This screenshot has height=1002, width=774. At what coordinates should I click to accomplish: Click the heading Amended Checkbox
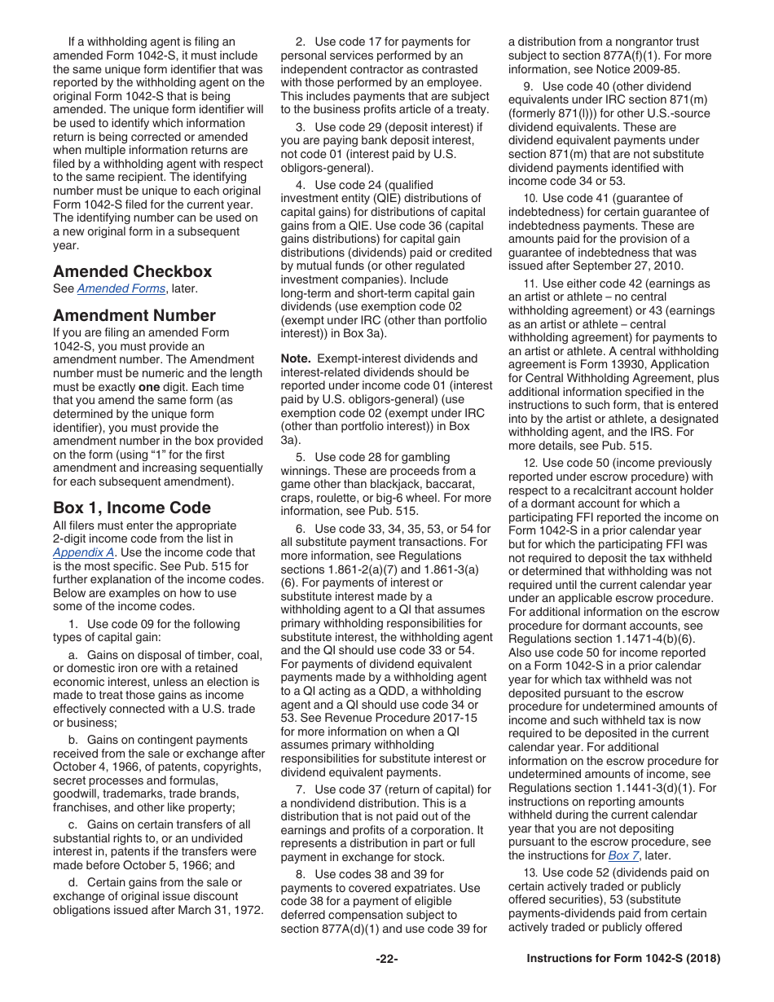click(132, 271)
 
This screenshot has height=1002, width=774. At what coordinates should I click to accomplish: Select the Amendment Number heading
click(134, 315)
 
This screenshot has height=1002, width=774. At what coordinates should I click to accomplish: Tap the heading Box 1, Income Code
click(132, 508)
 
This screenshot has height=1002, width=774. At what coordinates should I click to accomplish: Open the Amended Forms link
click(121, 289)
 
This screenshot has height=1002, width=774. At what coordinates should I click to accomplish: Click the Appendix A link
click(83, 552)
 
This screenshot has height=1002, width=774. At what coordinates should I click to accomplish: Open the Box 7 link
click(618, 855)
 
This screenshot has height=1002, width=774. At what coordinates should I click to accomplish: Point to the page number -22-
click(387, 959)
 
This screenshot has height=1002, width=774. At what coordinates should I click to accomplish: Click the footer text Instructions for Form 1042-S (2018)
click(623, 959)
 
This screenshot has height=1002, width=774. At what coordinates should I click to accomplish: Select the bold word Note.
click(296, 358)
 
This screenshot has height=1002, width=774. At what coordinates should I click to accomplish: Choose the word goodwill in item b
click(77, 793)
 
